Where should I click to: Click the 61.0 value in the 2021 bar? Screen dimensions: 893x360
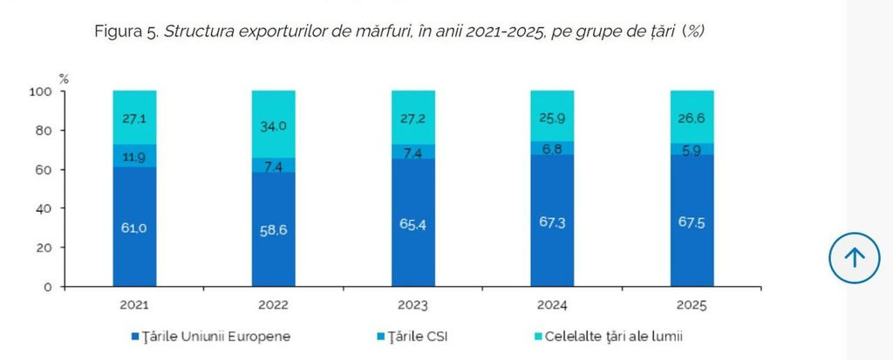133,228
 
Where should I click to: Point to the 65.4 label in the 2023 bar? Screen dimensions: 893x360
412,224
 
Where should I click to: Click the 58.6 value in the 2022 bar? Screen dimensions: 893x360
273,231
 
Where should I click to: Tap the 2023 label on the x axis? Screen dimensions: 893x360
412,305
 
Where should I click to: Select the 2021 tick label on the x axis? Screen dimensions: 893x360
133,305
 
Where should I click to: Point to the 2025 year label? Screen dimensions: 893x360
692,305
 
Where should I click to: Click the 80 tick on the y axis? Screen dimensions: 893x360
44,131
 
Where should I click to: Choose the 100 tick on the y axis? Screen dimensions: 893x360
41,92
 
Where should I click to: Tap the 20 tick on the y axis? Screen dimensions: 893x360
44,248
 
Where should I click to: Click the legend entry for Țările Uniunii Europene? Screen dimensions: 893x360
211,336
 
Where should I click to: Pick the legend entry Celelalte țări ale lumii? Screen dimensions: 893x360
609,336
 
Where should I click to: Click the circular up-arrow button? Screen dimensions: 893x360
855,258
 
